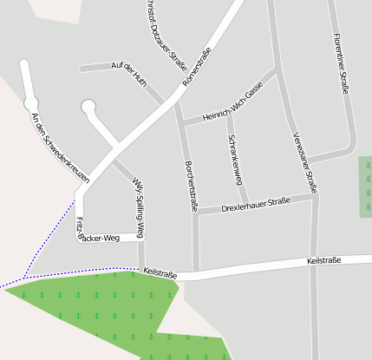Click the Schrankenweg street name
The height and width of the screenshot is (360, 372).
[234, 159]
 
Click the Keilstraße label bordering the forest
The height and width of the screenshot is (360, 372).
[160, 273]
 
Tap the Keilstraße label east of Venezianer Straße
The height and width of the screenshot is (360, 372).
[323, 260]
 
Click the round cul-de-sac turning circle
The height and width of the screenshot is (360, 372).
[88, 107]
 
